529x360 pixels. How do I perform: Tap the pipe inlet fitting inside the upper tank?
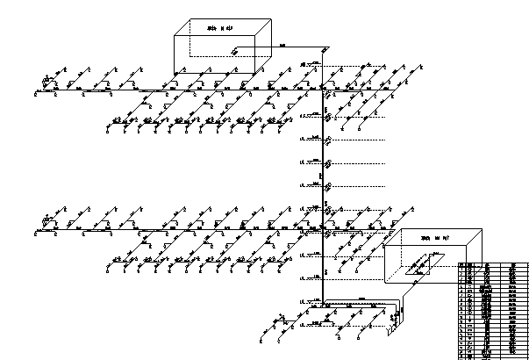[235, 52]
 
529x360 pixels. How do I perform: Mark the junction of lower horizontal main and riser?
[325, 229]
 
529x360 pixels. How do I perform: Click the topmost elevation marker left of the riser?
[304, 64]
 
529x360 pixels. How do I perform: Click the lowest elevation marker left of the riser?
[304, 301]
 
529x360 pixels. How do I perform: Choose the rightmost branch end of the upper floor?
[422, 67]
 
